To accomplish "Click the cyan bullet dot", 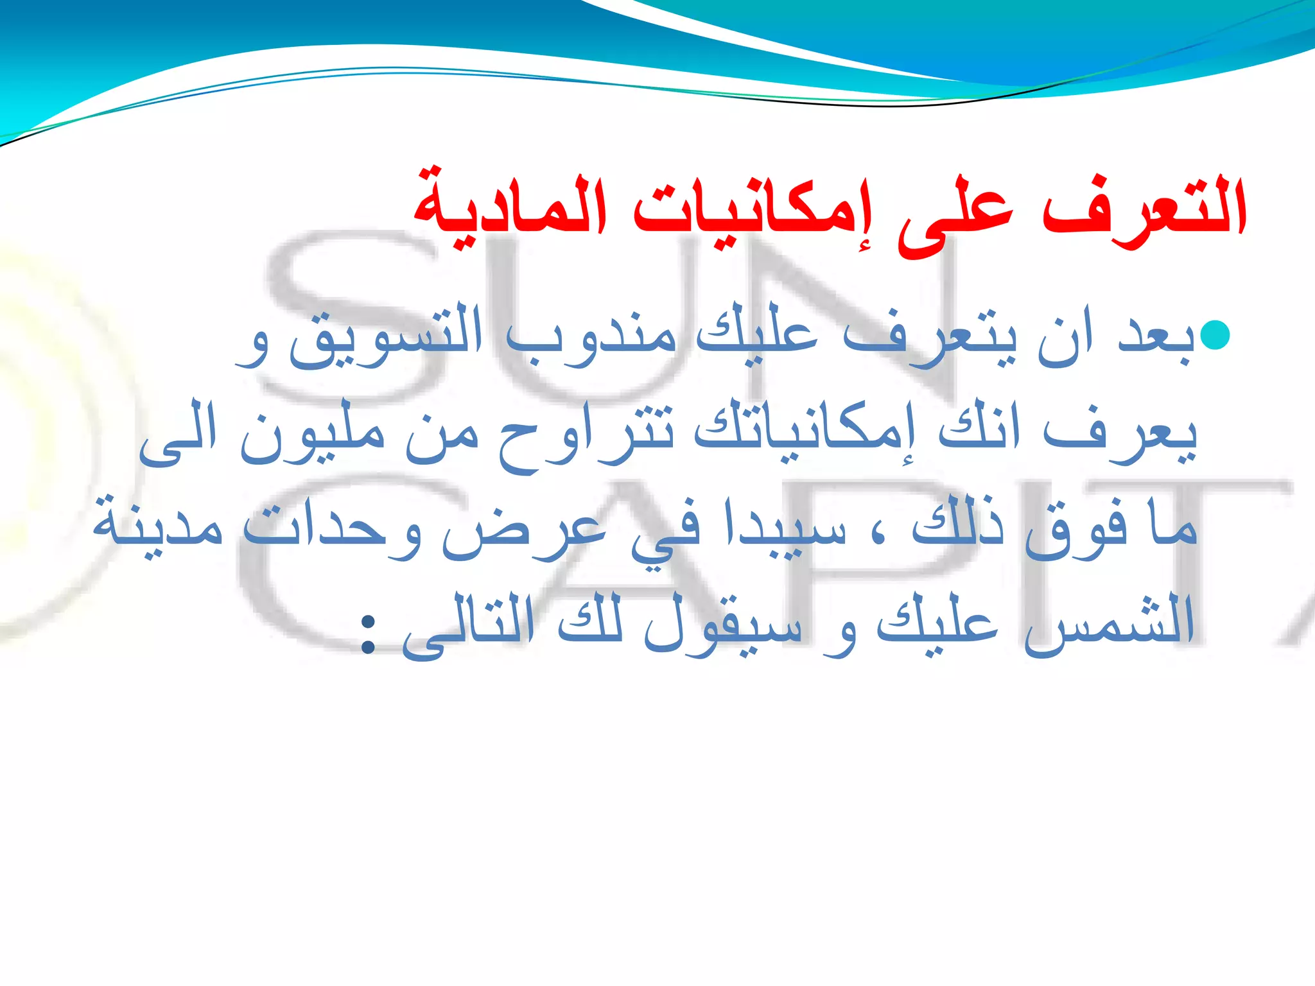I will pos(1215,336).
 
